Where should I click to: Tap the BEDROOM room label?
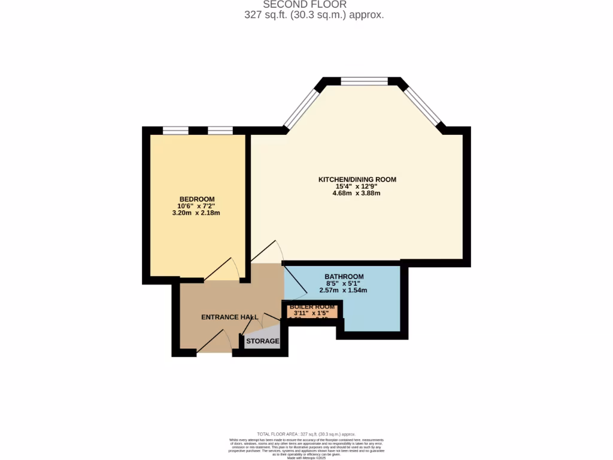(x=197, y=199)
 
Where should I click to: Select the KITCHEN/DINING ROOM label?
(x=357, y=179)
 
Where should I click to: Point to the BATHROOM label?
(x=344, y=277)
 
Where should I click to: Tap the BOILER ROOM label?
(x=312, y=307)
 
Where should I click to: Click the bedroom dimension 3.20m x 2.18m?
(x=197, y=213)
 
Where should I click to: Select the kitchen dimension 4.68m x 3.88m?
(x=357, y=193)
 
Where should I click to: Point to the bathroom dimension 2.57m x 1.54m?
(x=343, y=290)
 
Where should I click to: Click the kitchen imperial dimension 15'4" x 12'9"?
(x=357, y=186)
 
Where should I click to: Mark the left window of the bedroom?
(x=175, y=131)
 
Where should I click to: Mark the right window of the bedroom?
(x=220, y=131)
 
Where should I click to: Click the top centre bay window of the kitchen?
(x=364, y=81)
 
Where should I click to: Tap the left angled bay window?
(x=302, y=109)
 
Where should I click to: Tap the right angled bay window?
(x=423, y=106)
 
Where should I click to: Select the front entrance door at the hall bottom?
(x=214, y=344)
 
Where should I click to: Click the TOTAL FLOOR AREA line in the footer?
(x=306, y=434)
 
